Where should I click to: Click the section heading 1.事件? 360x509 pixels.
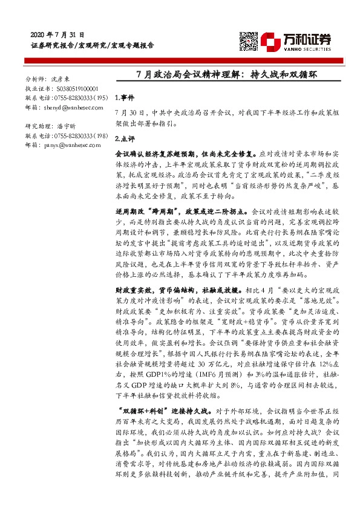[123, 97]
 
